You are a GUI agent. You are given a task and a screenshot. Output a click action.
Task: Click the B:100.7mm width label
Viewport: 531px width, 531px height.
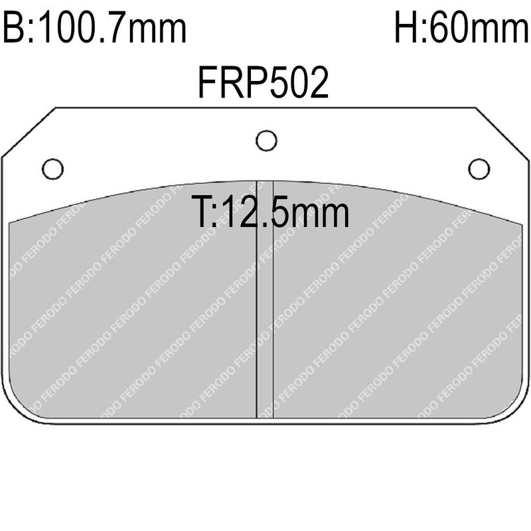94,27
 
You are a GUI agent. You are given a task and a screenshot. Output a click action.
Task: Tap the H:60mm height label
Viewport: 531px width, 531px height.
461,27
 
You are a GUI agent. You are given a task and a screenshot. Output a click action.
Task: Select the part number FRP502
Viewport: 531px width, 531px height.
263,82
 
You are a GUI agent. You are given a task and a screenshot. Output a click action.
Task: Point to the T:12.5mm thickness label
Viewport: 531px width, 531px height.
270,211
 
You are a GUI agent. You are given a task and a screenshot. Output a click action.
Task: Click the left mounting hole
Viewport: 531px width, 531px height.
53,169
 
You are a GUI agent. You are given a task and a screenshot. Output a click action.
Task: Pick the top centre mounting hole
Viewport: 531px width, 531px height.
267,141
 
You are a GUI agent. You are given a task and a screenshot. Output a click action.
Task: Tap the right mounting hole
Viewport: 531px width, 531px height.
479,169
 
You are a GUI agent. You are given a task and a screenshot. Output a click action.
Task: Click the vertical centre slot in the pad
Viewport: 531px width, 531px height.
265,300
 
